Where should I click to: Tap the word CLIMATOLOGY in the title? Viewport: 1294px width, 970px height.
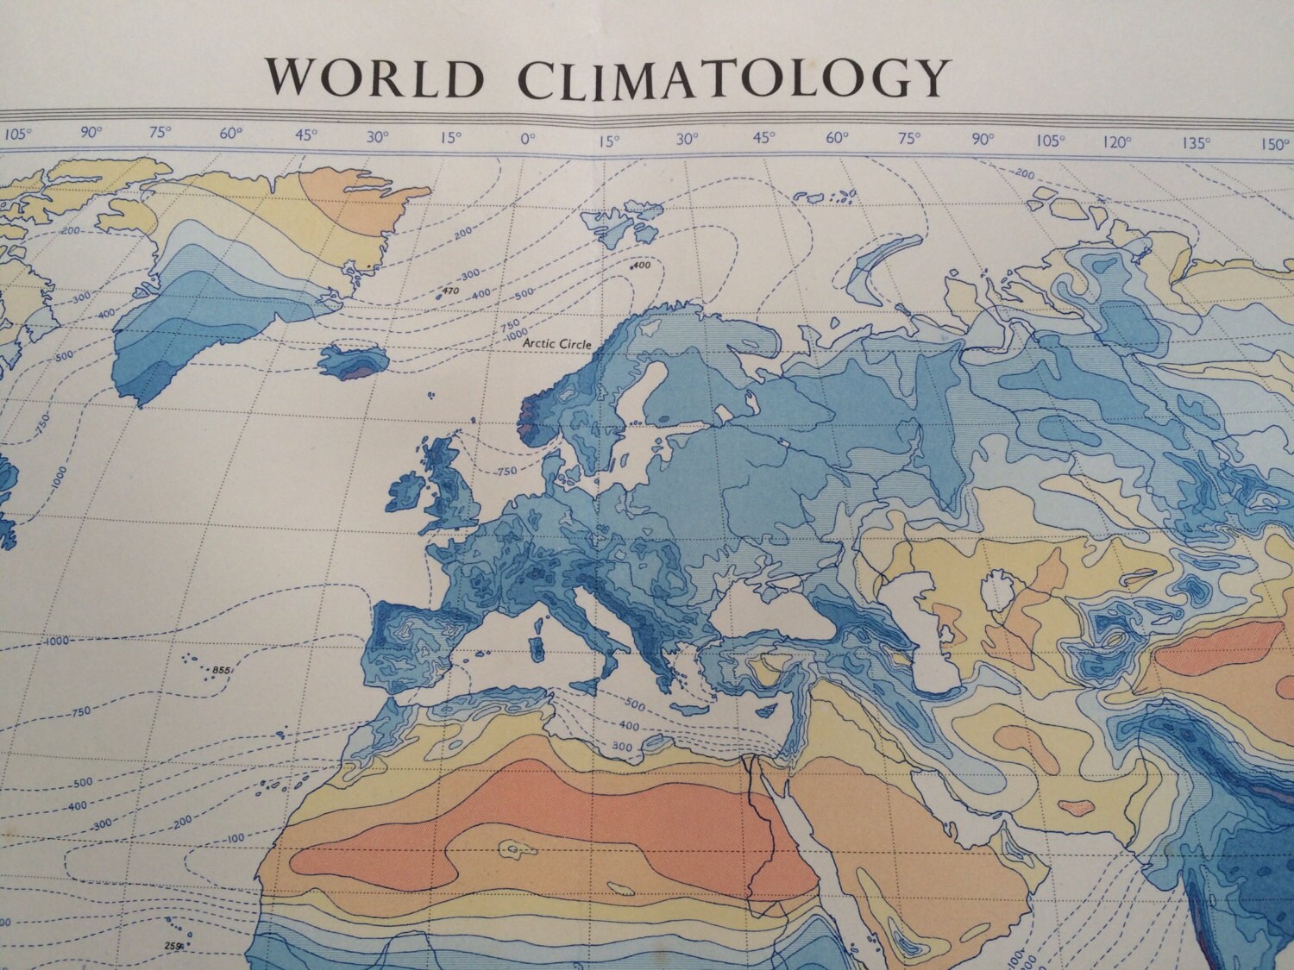point(732,78)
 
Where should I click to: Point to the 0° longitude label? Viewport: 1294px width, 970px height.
point(527,136)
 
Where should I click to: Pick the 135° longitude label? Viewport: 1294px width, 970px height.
point(1197,143)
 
